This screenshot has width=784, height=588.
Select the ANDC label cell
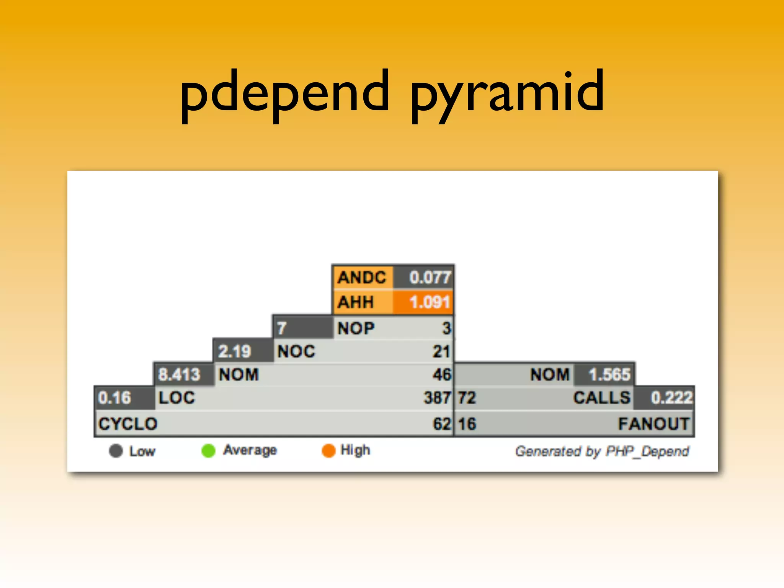362,277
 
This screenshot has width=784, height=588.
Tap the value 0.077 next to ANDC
430,277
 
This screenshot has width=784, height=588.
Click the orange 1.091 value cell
429,302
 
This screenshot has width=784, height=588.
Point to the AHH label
356,302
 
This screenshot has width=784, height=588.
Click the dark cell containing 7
302,328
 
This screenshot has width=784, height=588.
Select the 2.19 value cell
242,351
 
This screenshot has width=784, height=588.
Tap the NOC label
296,351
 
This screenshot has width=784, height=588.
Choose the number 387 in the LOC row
437,397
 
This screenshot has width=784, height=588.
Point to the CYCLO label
128,424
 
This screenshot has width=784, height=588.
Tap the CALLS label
601,397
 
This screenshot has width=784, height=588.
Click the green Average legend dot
209,451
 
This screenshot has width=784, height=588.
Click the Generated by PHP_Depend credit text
602,451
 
